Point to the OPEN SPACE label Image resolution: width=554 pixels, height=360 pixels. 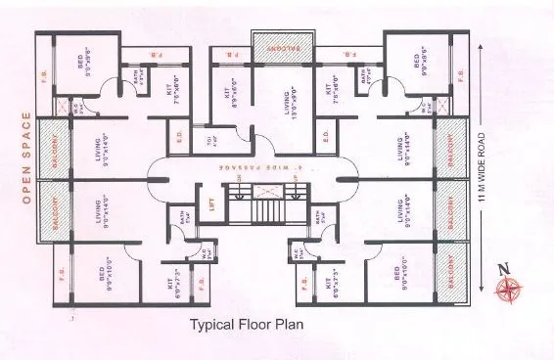coord(27,160)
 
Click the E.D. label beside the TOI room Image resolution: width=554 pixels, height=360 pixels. coord(178,137)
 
